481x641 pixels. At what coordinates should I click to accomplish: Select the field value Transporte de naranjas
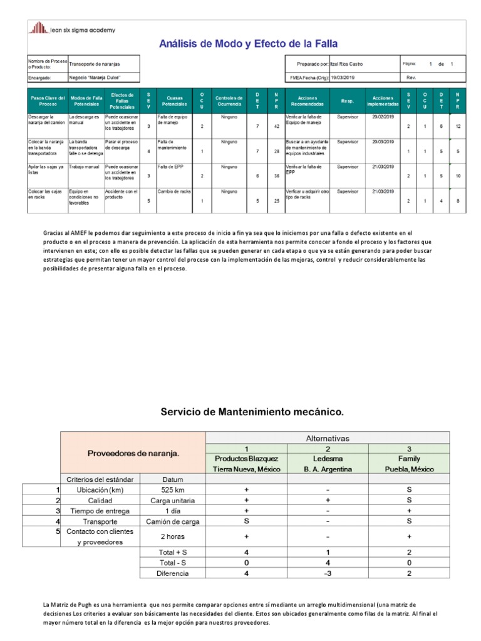pyautogui.click(x=95, y=64)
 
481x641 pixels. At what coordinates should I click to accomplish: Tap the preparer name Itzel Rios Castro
pyautogui.click(x=345, y=64)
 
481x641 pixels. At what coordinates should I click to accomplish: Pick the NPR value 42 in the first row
pyautogui.click(x=276, y=126)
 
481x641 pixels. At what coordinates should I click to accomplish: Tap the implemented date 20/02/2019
pyautogui.click(x=381, y=116)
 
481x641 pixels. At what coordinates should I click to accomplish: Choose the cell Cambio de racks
pyautogui.click(x=174, y=191)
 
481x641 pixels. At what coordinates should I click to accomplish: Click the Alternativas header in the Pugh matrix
pyautogui.click(x=327, y=438)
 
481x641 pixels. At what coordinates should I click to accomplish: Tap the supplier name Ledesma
pyautogui.click(x=328, y=458)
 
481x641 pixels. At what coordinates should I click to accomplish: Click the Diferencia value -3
pyautogui.click(x=328, y=573)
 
